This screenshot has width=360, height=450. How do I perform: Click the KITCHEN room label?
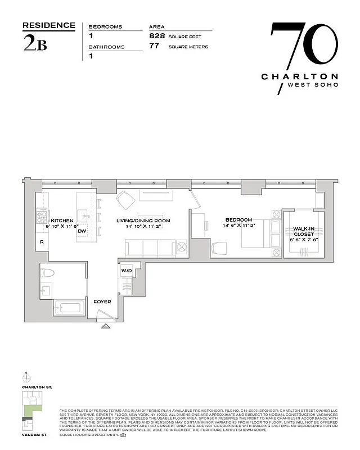[62, 221]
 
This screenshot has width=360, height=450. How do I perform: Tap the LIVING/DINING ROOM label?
[143, 221]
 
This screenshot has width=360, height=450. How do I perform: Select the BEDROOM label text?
[238, 220]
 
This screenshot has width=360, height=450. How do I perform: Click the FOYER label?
[103, 302]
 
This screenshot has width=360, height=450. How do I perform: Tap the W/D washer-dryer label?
[127, 271]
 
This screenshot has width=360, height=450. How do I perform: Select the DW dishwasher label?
[82, 231]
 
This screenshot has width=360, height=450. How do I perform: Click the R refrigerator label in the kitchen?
[42, 242]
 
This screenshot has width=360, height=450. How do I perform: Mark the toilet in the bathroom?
[47, 274]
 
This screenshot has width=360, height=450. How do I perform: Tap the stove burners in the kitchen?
[41, 215]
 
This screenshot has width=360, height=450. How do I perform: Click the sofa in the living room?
[150, 247]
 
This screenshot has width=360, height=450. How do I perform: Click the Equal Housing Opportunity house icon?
[123, 435]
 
